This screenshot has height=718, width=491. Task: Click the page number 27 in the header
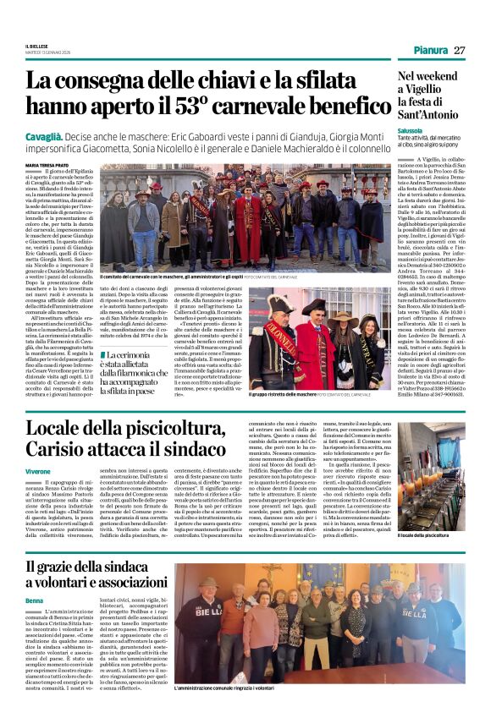tap(459, 50)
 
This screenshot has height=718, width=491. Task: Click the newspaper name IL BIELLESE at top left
tap(36, 46)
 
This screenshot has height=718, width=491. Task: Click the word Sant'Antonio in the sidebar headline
tap(432, 115)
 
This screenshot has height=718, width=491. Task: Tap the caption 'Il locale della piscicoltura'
tap(423, 512)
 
